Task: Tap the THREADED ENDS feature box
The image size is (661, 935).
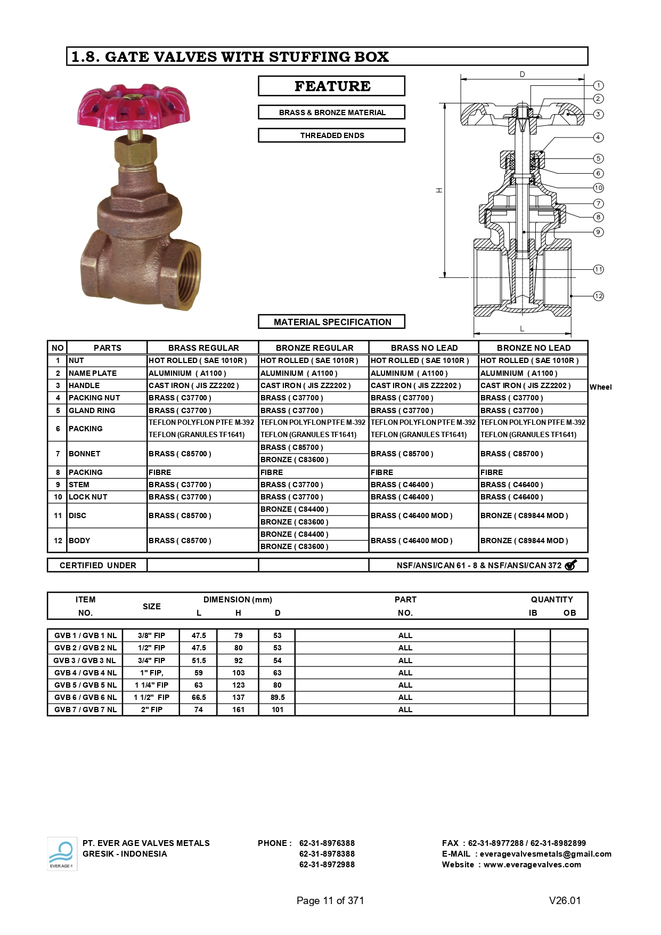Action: [x=331, y=135]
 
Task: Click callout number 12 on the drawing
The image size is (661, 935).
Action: [x=599, y=296]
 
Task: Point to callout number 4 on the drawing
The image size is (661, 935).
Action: [x=599, y=138]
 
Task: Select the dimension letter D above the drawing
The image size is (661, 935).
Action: [x=522, y=75]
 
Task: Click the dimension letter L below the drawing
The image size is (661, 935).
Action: [x=522, y=329]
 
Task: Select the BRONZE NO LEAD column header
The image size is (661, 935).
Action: [x=533, y=348]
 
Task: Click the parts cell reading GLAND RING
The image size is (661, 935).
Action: [x=92, y=410]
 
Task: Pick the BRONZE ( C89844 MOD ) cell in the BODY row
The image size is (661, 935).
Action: [x=524, y=541]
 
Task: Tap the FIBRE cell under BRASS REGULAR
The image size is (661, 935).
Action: [x=160, y=472]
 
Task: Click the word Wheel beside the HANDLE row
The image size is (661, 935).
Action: [x=600, y=387]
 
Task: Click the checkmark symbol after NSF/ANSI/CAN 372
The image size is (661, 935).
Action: [x=570, y=565]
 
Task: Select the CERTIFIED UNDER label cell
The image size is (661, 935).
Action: [x=97, y=565]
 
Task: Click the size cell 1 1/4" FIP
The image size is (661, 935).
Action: [x=151, y=685]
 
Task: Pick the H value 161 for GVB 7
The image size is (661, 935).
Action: [x=238, y=710]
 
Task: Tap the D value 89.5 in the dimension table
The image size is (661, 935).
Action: [x=278, y=697]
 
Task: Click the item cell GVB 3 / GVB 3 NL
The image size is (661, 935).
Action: [x=85, y=660]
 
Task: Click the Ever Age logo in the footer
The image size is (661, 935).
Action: [x=62, y=853]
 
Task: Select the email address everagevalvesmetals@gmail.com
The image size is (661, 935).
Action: [x=545, y=854]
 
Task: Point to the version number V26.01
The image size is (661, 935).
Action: [x=565, y=900]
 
